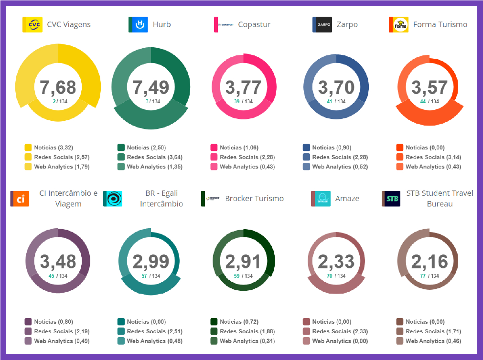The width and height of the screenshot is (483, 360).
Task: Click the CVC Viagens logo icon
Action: [x=32, y=24]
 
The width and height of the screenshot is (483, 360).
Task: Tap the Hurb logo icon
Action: [x=138, y=24]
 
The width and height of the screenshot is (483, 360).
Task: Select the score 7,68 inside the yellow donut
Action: [x=58, y=87]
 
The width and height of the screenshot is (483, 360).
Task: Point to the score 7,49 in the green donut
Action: [x=151, y=87]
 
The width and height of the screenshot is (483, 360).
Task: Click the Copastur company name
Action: [x=254, y=24]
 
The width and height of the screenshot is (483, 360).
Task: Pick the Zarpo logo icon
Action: [x=322, y=24]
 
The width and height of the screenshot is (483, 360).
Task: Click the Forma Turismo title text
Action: [x=440, y=24]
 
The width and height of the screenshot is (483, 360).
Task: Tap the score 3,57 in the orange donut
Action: [x=429, y=87]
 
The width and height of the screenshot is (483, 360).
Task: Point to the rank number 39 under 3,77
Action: [x=237, y=101]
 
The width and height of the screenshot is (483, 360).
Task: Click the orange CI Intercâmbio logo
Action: [x=20, y=199]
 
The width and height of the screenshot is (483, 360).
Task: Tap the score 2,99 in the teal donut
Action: [x=151, y=262]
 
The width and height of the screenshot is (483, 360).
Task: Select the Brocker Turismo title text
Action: [x=254, y=198]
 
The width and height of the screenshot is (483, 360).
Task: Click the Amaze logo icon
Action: [x=321, y=199]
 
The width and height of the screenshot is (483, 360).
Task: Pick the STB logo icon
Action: [x=391, y=199]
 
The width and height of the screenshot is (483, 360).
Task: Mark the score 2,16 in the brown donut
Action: [x=429, y=262]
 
